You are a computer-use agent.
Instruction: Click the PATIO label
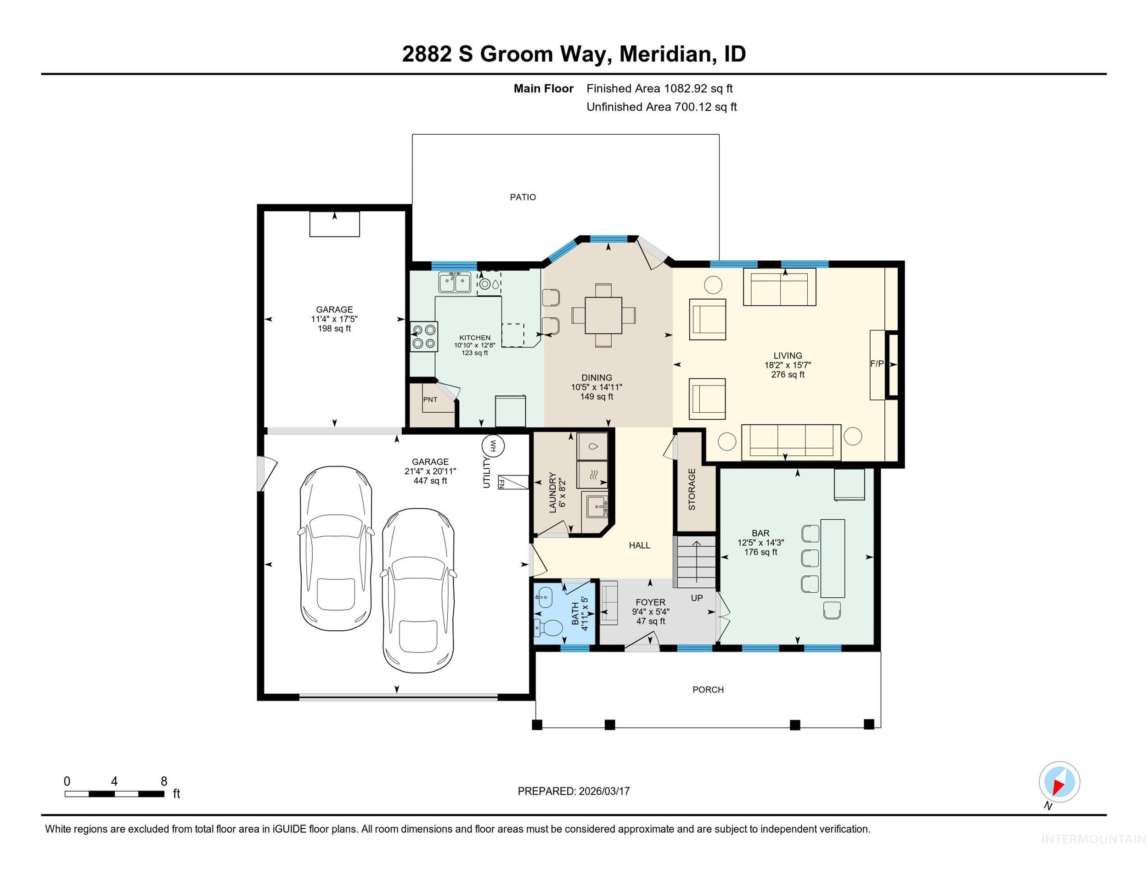click(x=523, y=197)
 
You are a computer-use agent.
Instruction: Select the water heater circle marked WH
click(x=493, y=446)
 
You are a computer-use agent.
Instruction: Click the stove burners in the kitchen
click(x=424, y=337)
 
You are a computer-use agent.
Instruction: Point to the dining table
click(x=603, y=315)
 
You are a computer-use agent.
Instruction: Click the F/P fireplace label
click(x=877, y=364)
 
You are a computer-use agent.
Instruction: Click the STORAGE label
click(x=692, y=489)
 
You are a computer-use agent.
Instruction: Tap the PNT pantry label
click(x=430, y=399)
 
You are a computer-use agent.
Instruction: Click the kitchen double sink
click(x=455, y=283)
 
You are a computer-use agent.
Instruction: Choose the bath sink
click(x=544, y=597)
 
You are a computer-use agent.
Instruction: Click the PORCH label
click(x=708, y=690)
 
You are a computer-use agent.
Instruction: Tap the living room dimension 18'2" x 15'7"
click(x=788, y=365)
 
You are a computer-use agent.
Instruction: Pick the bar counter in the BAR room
click(x=833, y=558)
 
